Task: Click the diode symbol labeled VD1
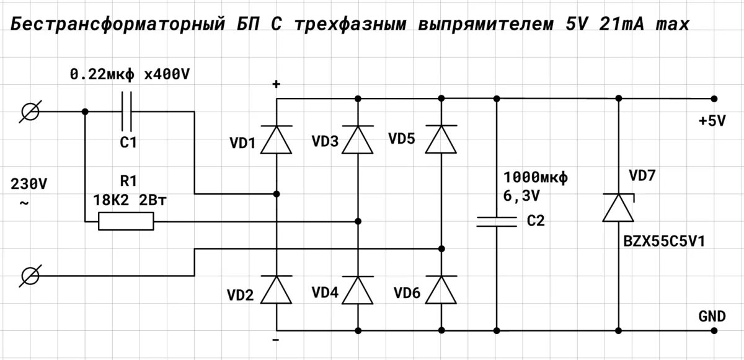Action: pyautogui.click(x=277, y=139)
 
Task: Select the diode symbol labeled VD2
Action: pyautogui.click(x=277, y=289)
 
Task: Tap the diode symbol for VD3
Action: pyautogui.click(x=358, y=139)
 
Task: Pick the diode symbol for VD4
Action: pyautogui.click(x=358, y=289)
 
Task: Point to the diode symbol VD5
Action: pyautogui.click(x=441, y=139)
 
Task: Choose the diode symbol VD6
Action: pyautogui.click(x=441, y=289)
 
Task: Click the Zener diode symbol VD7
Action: pyautogui.click(x=619, y=208)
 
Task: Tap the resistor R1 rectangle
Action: pyautogui.click(x=126, y=221)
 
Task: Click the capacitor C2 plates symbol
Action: pyautogui.click(x=496, y=222)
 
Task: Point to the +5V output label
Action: pyautogui.click(x=711, y=121)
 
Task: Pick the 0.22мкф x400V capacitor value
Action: pyautogui.click(x=129, y=75)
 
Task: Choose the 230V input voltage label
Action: pyautogui.click(x=29, y=185)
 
